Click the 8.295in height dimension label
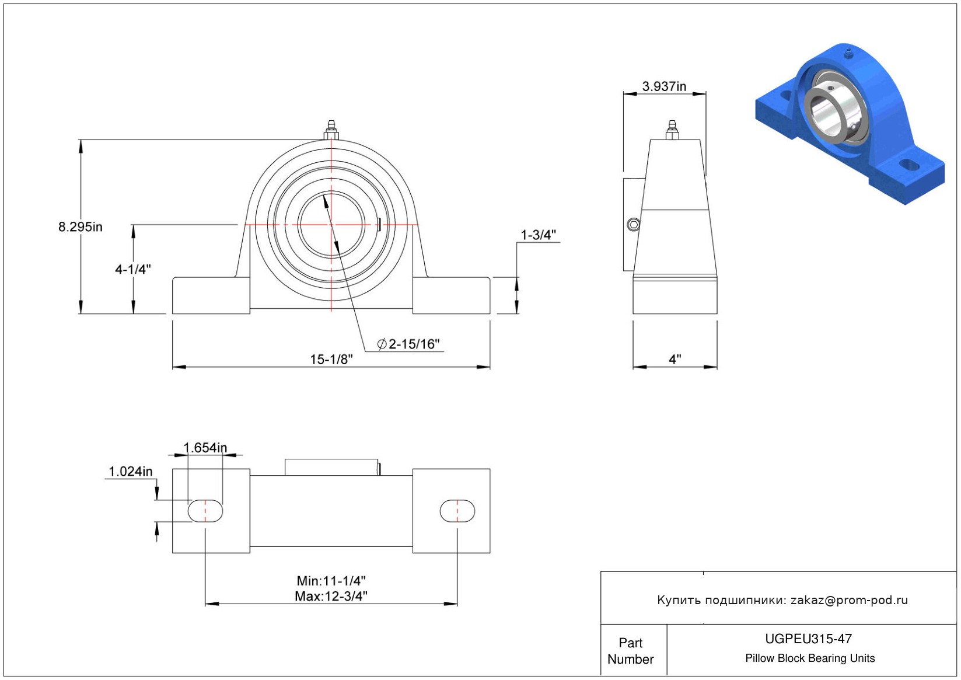pyautogui.click(x=80, y=226)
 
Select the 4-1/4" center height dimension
pyautogui.click(x=133, y=269)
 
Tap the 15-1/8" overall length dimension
pyautogui.click(x=331, y=360)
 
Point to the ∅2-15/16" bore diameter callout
pyautogui.click(x=408, y=344)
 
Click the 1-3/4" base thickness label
pyautogui.click(x=538, y=235)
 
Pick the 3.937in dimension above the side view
pyautogui.click(x=664, y=86)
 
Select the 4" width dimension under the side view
pyautogui.click(x=675, y=359)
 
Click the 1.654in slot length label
pyautogui.click(x=205, y=448)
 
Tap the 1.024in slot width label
pyautogui.click(x=131, y=472)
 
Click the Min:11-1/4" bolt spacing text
pyautogui.click(x=331, y=581)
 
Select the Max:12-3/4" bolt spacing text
pyautogui.click(x=331, y=597)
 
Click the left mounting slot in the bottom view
pyautogui.click(x=205, y=511)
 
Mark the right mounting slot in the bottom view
pyautogui.click(x=457, y=511)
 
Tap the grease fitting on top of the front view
pyautogui.click(x=331, y=130)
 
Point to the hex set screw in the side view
pyautogui.click(x=633, y=225)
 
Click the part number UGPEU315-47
pyautogui.click(x=808, y=639)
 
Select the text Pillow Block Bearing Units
pyautogui.click(x=809, y=658)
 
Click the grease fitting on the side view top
pyautogui.click(x=672, y=130)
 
